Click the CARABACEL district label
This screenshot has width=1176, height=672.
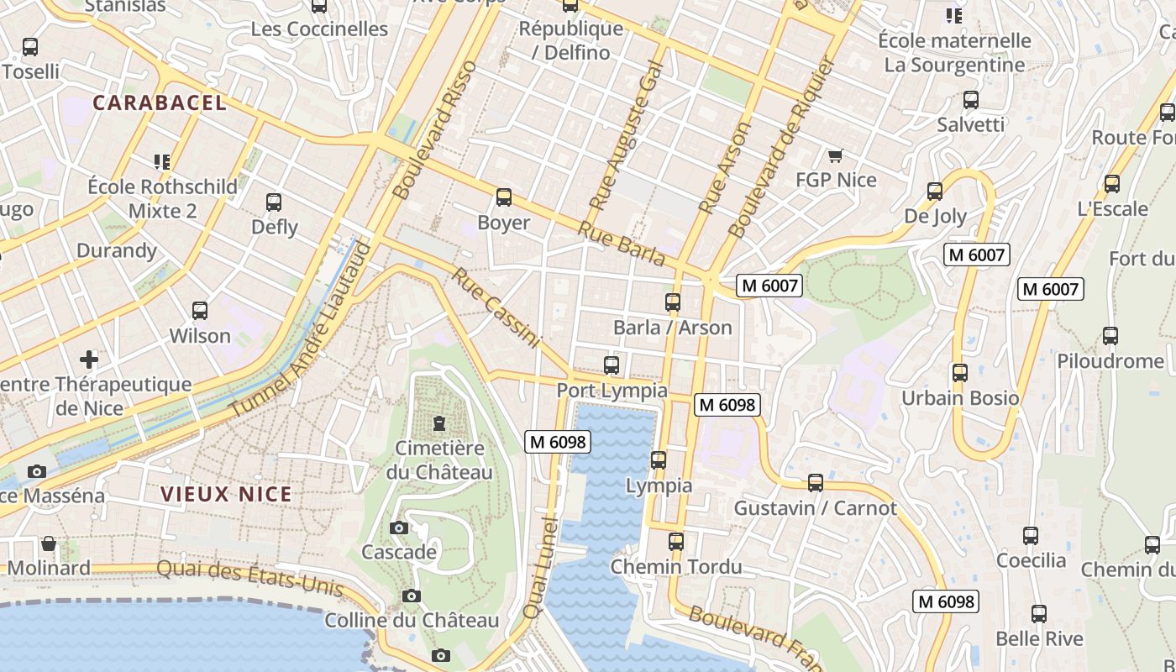click(160, 103)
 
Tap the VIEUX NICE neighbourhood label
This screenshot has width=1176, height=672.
click(226, 494)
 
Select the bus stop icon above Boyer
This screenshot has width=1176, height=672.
click(503, 197)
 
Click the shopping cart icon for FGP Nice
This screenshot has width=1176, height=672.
click(835, 155)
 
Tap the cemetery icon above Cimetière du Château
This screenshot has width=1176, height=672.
click(438, 423)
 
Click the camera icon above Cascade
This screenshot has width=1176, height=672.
click(399, 528)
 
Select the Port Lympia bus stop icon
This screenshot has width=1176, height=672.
click(612, 365)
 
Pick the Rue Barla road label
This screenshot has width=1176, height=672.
click(622, 244)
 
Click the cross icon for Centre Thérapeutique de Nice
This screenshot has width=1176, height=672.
click(89, 360)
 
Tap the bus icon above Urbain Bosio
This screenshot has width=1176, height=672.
click(959, 372)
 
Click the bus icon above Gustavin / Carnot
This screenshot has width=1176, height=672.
click(815, 483)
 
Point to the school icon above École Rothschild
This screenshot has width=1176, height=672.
click(162, 161)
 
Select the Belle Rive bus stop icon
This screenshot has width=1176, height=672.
click(1039, 614)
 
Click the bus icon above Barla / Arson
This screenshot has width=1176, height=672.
click(672, 302)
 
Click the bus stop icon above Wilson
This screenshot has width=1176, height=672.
click(200, 311)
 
